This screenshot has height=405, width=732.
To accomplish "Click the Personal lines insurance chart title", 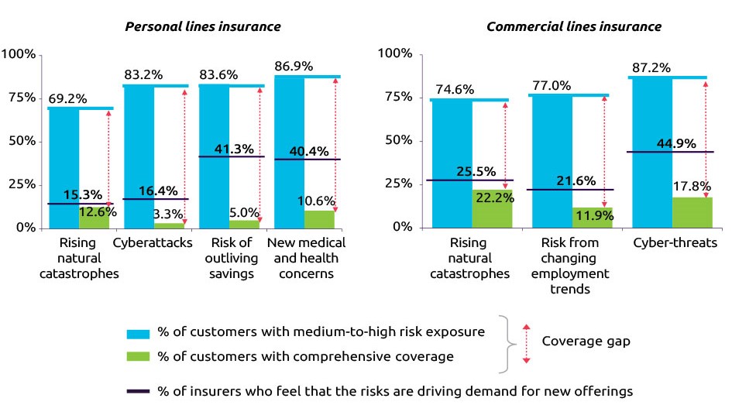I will tap(203, 26).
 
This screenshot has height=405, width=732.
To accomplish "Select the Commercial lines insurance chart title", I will tap(573, 26).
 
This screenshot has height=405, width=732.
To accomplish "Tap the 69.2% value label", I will tap(67, 99).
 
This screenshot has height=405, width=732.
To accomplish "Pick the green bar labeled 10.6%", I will tap(320, 219).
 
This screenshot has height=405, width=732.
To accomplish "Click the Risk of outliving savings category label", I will tap(229, 259).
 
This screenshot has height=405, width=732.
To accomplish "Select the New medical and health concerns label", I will tap(306, 259).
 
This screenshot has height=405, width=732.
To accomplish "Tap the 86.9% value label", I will tap(294, 67).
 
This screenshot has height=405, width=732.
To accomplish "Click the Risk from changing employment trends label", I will tap(572, 266).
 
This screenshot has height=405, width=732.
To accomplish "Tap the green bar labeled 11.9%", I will tap(593, 218).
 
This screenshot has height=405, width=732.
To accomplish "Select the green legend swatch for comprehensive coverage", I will tap(139, 356).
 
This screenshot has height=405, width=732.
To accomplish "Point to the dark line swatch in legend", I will tap(139, 392).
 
